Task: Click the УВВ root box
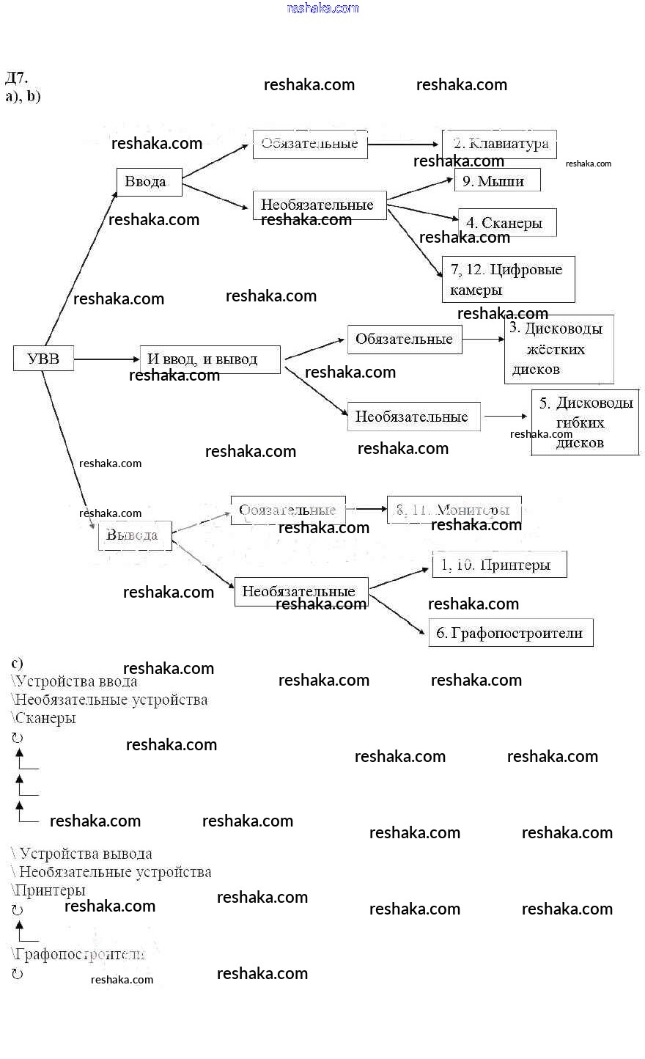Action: click(x=43, y=359)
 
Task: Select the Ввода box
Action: click(x=149, y=181)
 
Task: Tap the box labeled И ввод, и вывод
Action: click(x=210, y=359)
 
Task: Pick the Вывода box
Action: click(x=134, y=535)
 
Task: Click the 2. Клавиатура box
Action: click(x=499, y=144)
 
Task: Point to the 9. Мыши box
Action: click(x=497, y=180)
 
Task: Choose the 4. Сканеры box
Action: click(x=507, y=222)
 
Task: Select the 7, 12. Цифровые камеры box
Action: click(x=508, y=279)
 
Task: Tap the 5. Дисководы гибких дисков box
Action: click(x=585, y=422)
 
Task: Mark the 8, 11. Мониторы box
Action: click(x=454, y=510)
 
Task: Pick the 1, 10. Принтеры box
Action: click(x=499, y=565)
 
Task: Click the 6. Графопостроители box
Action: click(x=510, y=633)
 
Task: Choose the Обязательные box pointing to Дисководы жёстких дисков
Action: click(x=405, y=339)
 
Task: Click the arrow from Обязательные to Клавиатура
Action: click(x=404, y=144)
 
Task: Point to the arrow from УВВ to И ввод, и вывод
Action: click(x=106, y=359)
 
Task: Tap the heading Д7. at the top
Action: click(x=16, y=78)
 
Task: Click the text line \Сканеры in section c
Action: click(x=44, y=718)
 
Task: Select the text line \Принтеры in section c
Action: click(x=48, y=890)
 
